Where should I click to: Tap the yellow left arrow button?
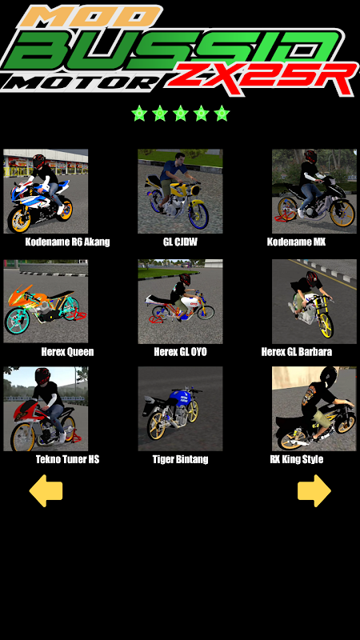(46, 490)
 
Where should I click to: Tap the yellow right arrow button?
(314, 490)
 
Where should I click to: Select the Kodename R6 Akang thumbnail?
(46, 191)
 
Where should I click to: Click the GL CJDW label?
(180, 242)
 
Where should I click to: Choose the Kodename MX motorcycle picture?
(314, 191)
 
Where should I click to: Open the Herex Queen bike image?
(46, 302)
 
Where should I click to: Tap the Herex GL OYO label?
(180, 352)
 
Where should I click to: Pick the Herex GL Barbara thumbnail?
(314, 302)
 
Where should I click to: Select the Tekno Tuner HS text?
(67, 459)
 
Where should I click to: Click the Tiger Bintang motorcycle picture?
(180, 409)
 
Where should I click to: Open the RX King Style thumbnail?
(314, 409)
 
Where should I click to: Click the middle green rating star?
(181, 113)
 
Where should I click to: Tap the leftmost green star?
(139, 113)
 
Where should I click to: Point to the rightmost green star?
(222, 113)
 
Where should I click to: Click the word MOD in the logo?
(90, 15)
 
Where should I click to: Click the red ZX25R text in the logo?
(262, 78)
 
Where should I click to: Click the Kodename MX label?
(296, 242)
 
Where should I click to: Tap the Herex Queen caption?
(67, 352)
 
